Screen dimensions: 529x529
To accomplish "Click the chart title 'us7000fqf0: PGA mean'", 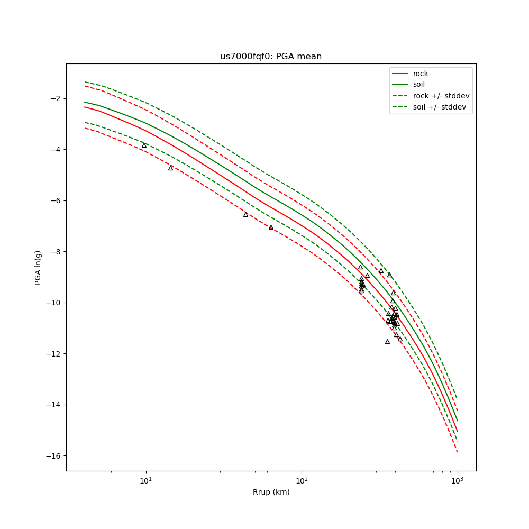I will coord(271,57).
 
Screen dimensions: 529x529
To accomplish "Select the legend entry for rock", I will coord(421,74).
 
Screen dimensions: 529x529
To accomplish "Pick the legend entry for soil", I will coord(419,85).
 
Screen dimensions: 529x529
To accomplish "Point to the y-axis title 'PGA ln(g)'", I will coord(38,267).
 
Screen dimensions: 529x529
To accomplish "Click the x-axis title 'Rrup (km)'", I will coord(271,492).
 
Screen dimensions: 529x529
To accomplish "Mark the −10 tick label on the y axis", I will coord(53,303).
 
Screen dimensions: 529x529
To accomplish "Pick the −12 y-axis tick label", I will coord(53,354).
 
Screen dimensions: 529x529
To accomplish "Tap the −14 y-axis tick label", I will coord(53,405).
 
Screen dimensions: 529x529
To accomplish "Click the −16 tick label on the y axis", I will coord(53,456).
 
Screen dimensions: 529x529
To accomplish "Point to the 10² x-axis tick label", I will coord(302,480).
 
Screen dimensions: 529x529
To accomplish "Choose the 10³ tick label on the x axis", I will coord(457,480).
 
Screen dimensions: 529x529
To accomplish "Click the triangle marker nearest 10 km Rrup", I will coord(144,145).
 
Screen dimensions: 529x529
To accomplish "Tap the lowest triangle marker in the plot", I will coord(387,342).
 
